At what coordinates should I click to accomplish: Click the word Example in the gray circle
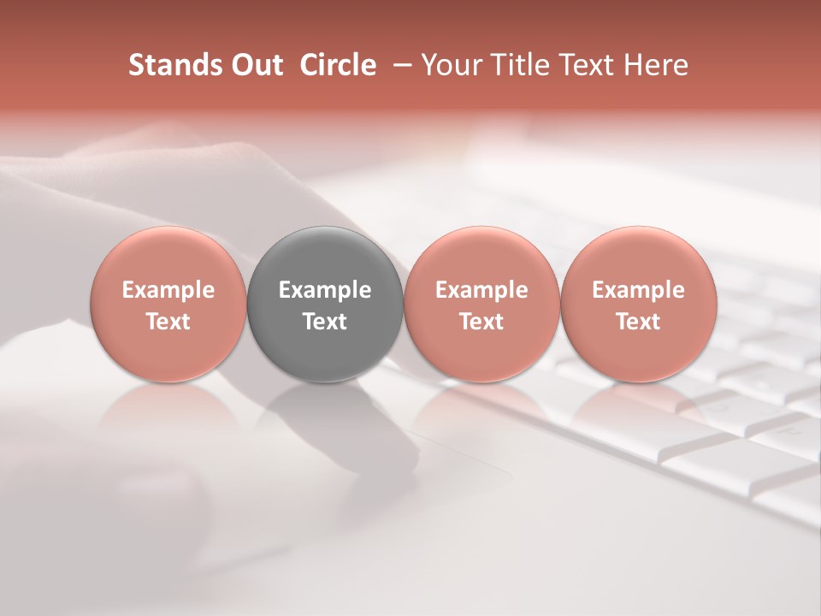click(x=325, y=290)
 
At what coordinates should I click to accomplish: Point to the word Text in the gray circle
click(x=325, y=322)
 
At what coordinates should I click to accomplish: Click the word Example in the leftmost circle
click(x=168, y=290)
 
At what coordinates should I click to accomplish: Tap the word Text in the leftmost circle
click(x=168, y=322)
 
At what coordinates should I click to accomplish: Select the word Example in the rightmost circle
click(x=638, y=290)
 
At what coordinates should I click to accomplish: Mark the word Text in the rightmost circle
click(x=638, y=322)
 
